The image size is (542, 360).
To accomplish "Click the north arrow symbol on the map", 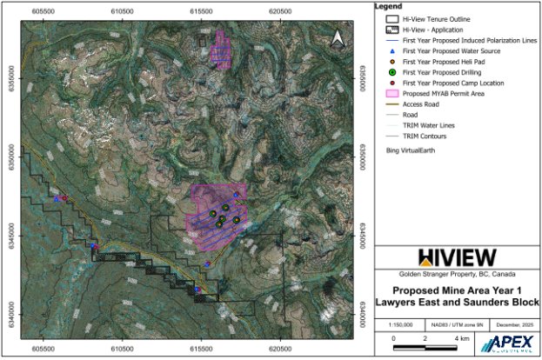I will click(338, 37).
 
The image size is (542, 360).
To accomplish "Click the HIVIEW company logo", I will click(458, 257).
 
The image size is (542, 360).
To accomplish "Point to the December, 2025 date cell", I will click(513, 323).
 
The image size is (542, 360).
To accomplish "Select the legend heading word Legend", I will click(388, 6).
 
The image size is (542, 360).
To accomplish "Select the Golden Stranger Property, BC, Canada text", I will click(458, 274).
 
